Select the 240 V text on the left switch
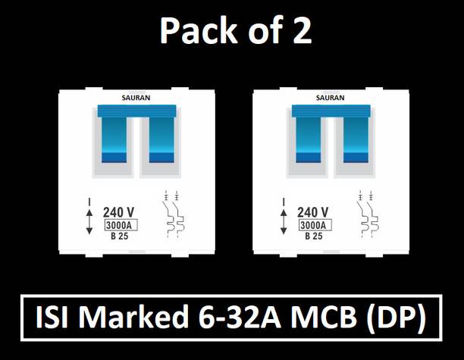click(120, 213)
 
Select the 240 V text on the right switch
click(313, 213)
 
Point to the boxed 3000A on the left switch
click(120, 226)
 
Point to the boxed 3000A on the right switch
click(313, 226)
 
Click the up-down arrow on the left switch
click(90, 218)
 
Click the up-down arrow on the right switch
click(284, 218)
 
